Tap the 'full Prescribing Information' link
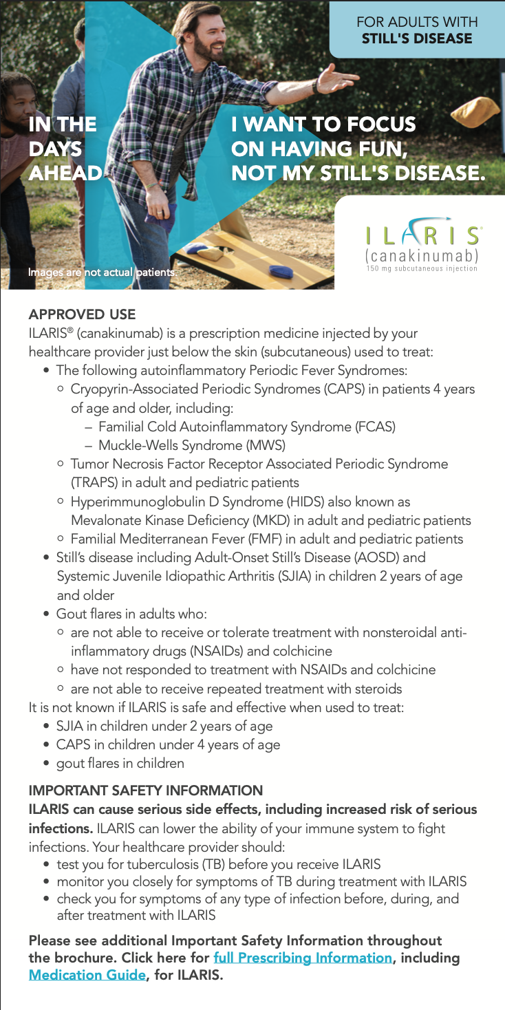(x=303, y=958)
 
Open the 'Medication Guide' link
(x=87, y=975)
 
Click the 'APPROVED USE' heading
(x=82, y=314)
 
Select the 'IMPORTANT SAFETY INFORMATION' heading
(x=145, y=791)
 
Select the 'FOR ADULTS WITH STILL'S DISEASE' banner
(x=417, y=30)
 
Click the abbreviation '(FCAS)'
(x=375, y=427)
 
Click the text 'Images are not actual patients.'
(x=102, y=272)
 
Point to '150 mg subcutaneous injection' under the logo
(x=422, y=268)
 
